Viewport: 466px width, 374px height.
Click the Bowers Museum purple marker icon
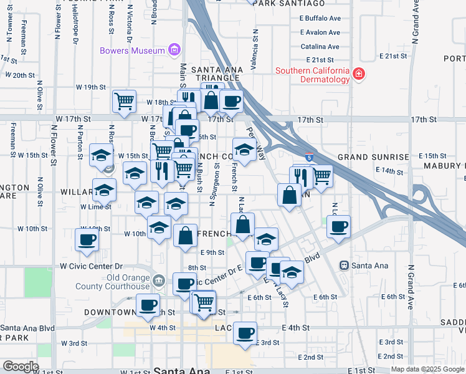point(174,50)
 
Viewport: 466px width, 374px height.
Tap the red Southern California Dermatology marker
point(359,75)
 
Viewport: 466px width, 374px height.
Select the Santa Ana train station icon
point(343,266)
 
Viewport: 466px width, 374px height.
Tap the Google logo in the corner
point(21,367)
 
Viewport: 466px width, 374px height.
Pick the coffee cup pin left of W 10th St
point(87,239)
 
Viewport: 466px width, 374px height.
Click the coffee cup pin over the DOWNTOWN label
point(148,304)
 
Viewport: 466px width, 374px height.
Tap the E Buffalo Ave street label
point(320,19)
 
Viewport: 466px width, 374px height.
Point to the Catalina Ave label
point(320,46)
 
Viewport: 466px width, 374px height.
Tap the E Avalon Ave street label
point(320,32)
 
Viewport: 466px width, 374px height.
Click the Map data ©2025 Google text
point(427,369)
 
